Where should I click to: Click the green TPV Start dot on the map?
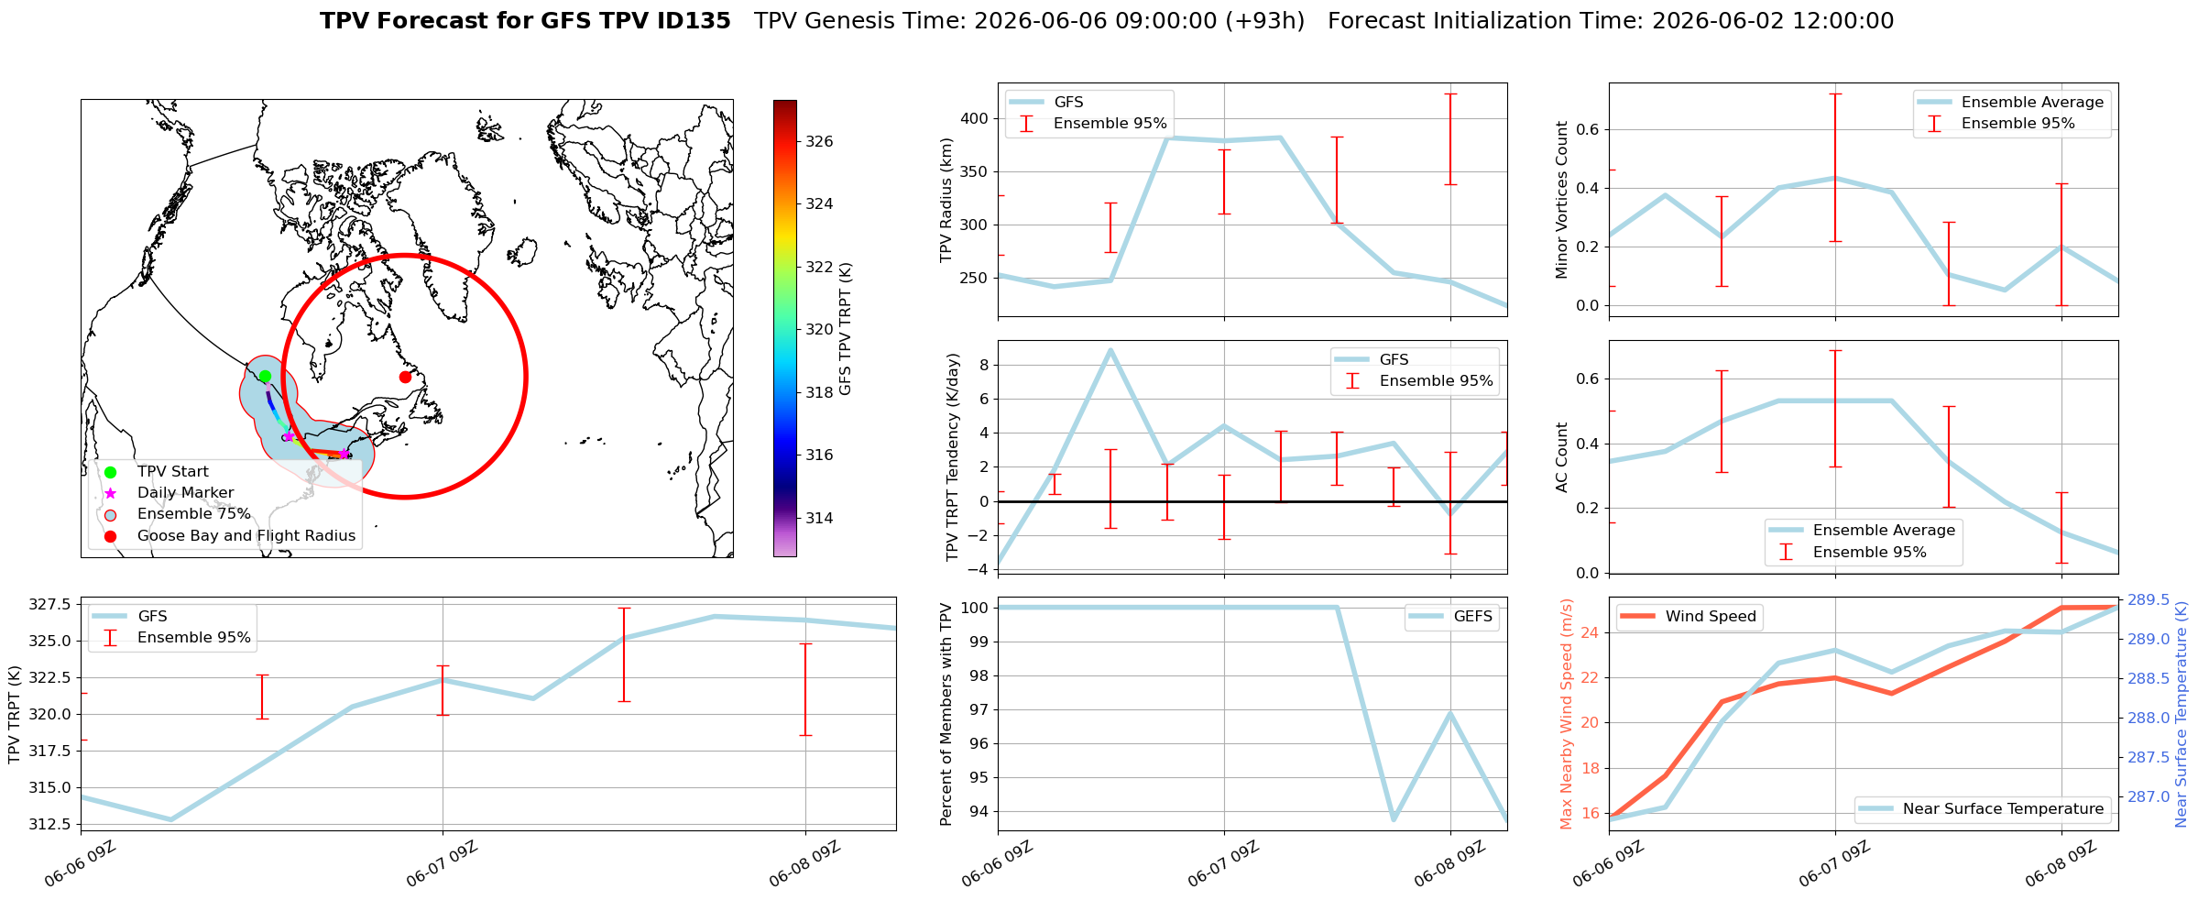click(265, 376)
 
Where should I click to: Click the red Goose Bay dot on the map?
click(405, 377)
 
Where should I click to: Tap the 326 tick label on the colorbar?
click(819, 141)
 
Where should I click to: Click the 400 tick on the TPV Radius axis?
click(976, 118)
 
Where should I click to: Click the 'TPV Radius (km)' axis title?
click(947, 200)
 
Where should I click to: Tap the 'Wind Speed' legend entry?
click(1688, 617)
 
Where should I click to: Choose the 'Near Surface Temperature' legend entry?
click(1983, 809)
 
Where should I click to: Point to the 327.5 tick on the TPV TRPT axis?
click(49, 604)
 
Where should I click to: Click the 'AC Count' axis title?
click(1562, 457)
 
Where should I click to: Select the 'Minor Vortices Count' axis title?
click(1562, 200)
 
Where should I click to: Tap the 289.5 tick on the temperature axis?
click(2149, 600)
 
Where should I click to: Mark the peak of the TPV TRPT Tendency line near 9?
click(1110, 349)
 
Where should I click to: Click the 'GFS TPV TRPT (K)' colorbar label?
click(846, 329)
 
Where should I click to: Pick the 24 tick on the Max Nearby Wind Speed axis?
click(1591, 632)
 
